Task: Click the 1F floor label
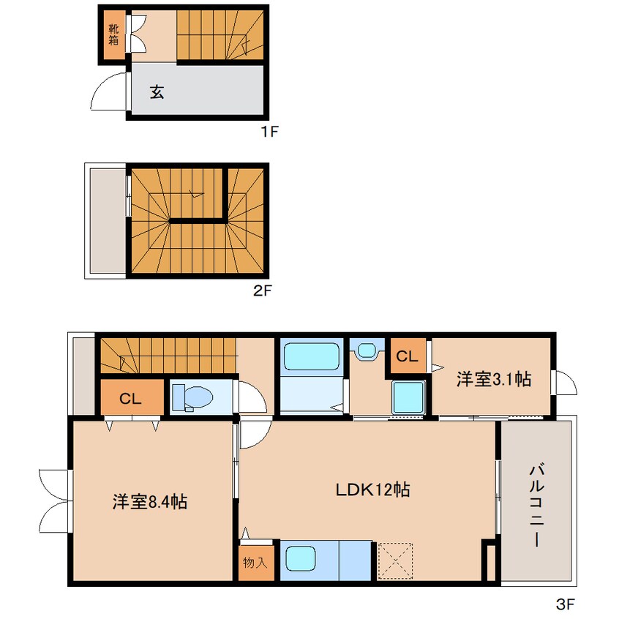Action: (x=270, y=132)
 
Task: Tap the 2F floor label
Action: (x=262, y=291)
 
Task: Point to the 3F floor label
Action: (x=566, y=604)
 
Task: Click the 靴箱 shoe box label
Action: (x=113, y=34)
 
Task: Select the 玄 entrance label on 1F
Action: (x=157, y=92)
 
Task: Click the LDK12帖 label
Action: (x=372, y=489)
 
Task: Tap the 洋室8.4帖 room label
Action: (x=149, y=502)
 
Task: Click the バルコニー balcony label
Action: (x=536, y=506)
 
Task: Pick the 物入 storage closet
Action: (x=256, y=562)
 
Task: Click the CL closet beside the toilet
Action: (x=132, y=397)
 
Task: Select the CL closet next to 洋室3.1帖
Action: (x=408, y=356)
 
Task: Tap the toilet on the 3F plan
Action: (x=192, y=397)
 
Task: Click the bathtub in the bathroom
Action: (x=312, y=356)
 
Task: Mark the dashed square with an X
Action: (x=395, y=561)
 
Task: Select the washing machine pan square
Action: (x=408, y=397)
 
